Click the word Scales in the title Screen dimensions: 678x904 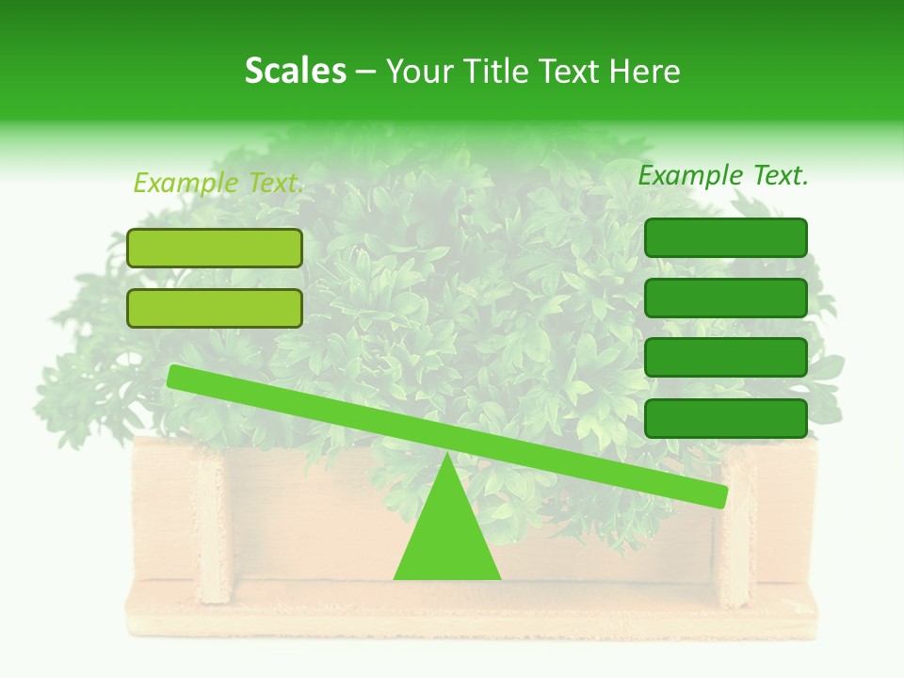295,71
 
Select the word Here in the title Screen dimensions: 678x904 645,71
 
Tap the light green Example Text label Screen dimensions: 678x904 218,183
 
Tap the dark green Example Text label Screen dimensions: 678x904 723,175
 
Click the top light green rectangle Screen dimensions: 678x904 215,248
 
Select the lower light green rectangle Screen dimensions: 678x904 215,308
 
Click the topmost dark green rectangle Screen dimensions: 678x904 725,237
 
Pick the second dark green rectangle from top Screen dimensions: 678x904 725,298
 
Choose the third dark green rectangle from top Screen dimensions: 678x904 725,358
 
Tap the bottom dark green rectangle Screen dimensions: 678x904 725,418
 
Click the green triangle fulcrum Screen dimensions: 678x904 447,537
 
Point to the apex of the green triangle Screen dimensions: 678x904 447,456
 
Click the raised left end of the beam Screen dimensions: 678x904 175,376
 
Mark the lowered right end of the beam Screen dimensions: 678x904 720,496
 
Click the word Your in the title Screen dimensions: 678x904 420,71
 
